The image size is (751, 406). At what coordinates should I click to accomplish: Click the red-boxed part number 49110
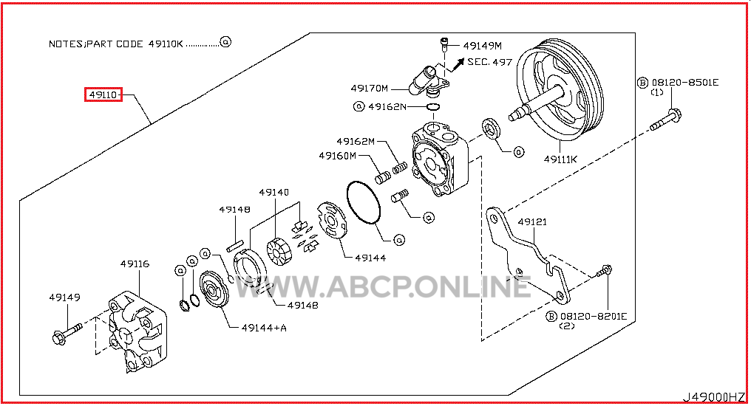pos(103,95)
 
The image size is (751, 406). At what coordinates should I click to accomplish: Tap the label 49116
pos(135,263)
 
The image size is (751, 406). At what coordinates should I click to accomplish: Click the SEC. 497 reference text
pos(490,62)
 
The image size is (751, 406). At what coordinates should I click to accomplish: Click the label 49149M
pos(483,46)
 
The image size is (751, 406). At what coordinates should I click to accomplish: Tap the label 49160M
pos(338,156)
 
